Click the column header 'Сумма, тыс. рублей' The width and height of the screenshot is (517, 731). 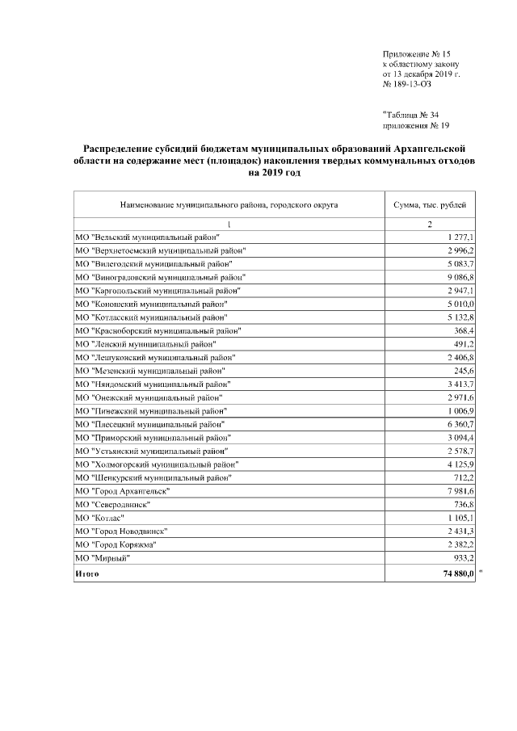coord(430,205)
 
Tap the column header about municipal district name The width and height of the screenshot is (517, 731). coord(229,205)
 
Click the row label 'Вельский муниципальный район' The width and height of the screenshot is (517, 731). coord(151,238)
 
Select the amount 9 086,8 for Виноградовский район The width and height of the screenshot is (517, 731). coord(458,277)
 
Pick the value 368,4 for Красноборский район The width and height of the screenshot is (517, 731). coord(464,331)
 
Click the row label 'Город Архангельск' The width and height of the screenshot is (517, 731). coord(123,491)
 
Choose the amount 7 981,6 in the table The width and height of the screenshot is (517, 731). coord(458,491)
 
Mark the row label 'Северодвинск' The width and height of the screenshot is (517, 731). coord(112,504)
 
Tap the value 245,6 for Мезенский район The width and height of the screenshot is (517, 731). coord(464,371)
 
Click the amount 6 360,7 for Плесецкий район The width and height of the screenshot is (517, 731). coord(458,424)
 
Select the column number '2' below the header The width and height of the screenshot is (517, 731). coord(430,224)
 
